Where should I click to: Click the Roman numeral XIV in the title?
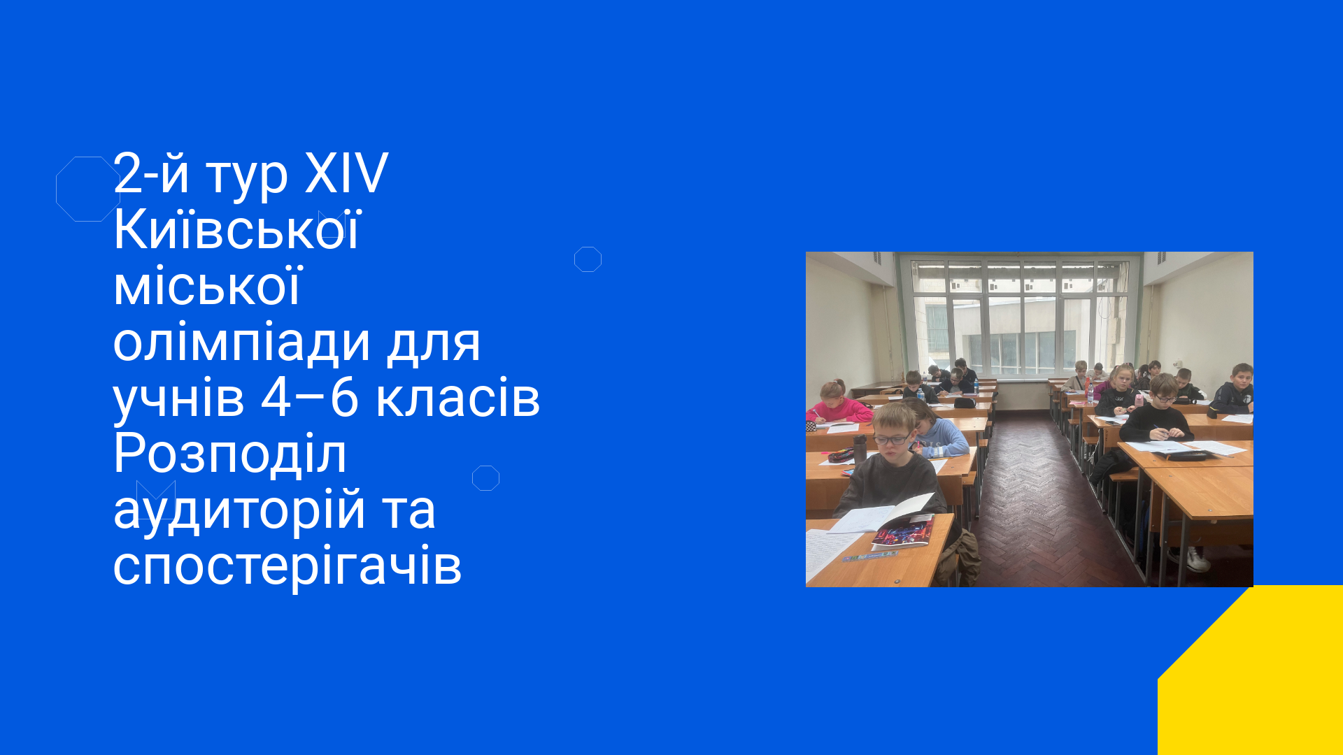[x=346, y=173]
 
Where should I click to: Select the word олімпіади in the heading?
[x=242, y=344]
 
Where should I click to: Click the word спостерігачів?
[x=287, y=566]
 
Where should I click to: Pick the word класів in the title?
[x=458, y=398]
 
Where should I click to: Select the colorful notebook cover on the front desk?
[x=902, y=533]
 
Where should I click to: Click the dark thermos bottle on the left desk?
[x=860, y=450]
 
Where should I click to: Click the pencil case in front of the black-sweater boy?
[x=1185, y=455]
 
